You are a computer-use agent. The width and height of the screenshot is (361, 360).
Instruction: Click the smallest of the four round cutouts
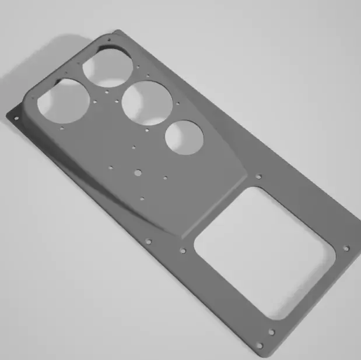point(184,137)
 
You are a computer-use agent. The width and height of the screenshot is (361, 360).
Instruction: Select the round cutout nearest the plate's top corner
point(108,66)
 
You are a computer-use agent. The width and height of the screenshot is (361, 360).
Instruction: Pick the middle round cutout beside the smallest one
point(147,103)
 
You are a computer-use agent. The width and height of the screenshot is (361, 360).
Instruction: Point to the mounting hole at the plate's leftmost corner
point(16,118)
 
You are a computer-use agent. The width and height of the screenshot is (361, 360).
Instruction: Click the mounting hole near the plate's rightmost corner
point(346,248)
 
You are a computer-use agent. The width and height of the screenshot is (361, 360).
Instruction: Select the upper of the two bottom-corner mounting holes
point(272,333)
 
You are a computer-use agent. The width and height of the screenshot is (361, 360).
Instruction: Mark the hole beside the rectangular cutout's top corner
point(259,176)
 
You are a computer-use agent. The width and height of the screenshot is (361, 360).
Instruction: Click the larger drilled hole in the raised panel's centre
point(138,172)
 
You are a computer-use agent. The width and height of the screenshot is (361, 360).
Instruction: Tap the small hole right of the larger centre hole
point(166,178)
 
